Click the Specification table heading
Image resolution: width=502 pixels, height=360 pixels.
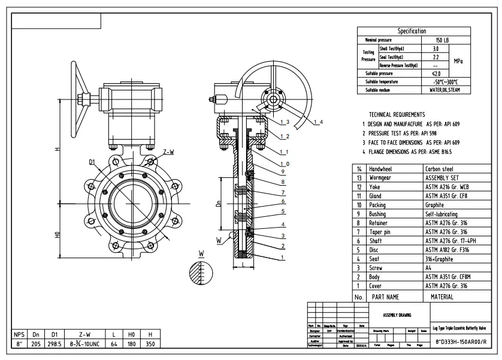412,31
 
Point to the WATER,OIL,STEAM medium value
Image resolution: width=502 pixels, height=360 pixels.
444,90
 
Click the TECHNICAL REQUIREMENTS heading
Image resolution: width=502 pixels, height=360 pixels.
397,114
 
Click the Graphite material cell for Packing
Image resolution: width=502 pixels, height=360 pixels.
437,204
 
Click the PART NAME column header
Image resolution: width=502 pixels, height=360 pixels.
385,297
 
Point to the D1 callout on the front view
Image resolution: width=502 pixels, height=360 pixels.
92,162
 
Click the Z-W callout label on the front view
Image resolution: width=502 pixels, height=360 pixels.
168,152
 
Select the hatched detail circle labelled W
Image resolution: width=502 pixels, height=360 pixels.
199,274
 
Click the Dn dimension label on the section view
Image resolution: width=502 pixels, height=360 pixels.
218,203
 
